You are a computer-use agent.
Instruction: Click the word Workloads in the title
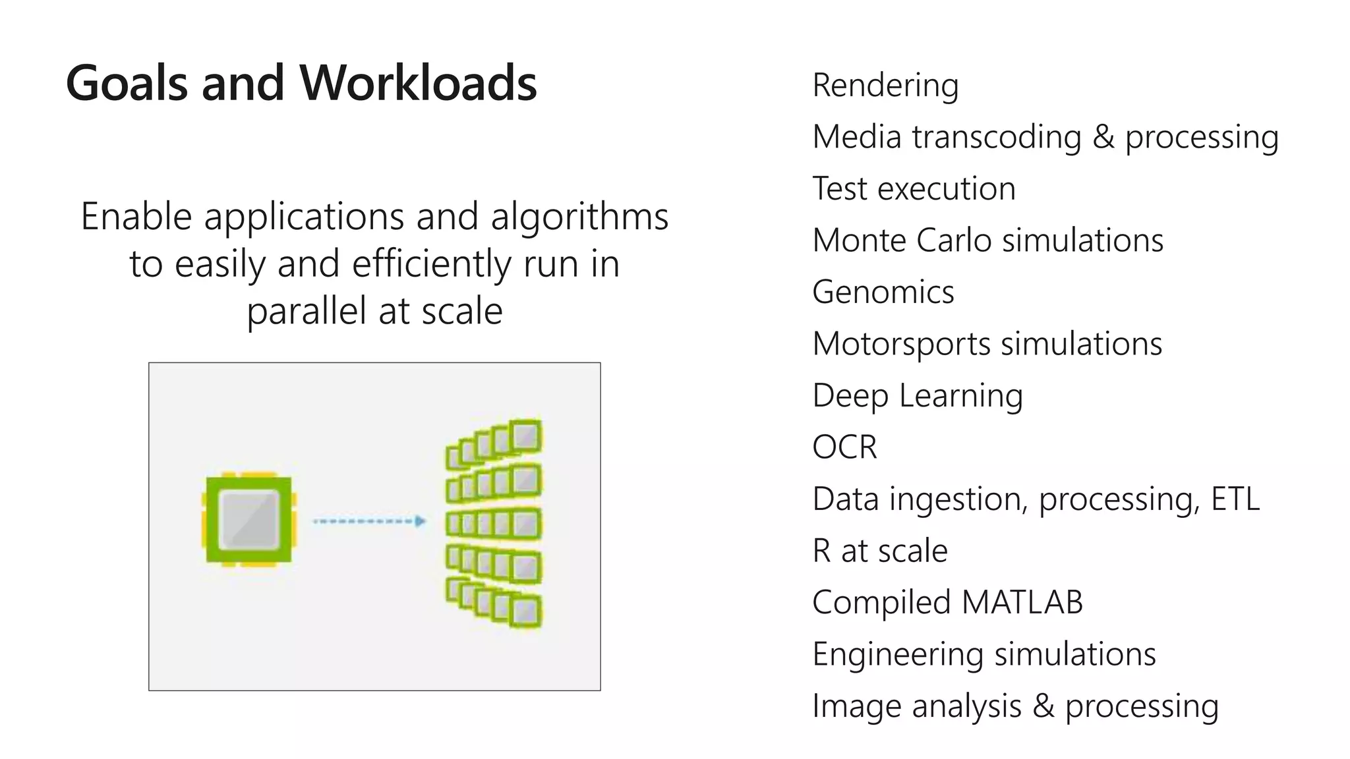click(418, 84)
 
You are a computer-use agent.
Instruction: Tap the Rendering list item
click(885, 86)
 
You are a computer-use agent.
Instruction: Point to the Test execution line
click(914, 189)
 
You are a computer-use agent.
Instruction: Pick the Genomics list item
click(883, 293)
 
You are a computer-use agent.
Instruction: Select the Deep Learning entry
click(917, 396)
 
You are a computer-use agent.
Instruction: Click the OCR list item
click(844, 447)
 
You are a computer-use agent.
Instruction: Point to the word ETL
click(1235, 499)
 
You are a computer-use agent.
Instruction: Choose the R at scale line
click(879, 551)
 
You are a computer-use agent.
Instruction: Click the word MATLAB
click(1022, 602)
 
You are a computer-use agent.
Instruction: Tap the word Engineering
click(897, 654)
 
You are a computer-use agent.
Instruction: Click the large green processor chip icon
click(249, 519)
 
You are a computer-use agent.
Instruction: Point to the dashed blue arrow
click(368, 521)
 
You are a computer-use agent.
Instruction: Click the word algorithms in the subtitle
click(579, 217)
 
